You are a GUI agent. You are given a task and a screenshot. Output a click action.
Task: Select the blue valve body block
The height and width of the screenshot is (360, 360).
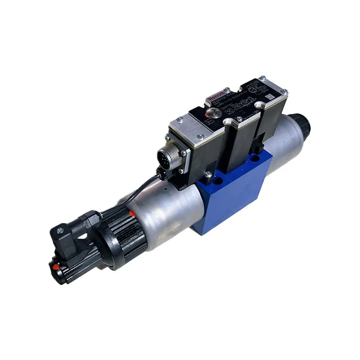[x=234, y=193]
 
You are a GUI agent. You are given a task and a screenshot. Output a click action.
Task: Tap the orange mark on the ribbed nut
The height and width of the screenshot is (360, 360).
[x=131, y=212]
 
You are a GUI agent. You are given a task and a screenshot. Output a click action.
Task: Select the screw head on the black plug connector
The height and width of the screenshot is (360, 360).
[x=58, y=230]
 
